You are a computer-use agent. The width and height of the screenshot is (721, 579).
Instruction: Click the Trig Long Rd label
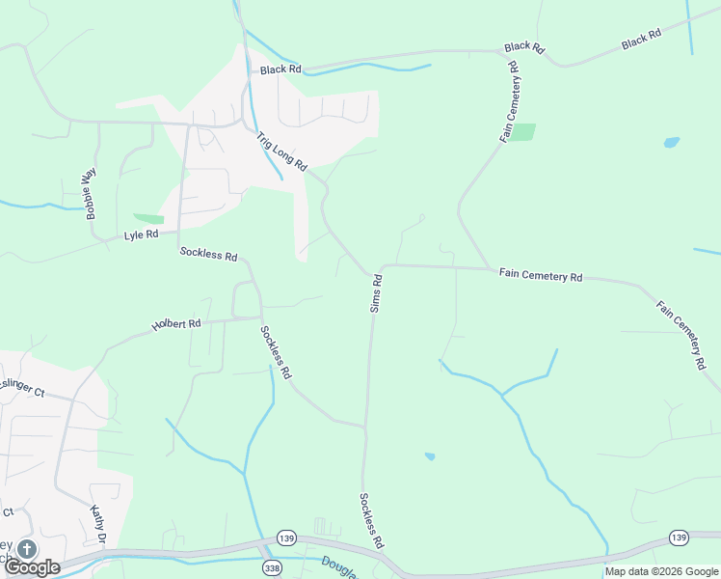point(280,151)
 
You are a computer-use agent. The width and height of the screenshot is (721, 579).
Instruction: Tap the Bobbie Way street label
point(92,194)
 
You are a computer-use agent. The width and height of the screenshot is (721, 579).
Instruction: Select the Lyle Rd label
point(141,235)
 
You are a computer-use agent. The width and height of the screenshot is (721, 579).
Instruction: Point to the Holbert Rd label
point(175,325)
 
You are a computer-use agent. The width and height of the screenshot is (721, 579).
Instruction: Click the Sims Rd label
point(376,293)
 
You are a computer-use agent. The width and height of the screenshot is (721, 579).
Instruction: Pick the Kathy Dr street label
point(97,524)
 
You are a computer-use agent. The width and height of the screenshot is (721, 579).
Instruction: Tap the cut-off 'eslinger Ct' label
point(23,393)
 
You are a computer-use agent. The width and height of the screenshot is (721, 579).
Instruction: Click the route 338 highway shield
point(272,568)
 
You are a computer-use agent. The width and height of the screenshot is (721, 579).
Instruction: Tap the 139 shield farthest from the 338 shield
point(679,537)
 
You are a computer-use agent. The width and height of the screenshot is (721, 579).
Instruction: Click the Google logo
point(33,566)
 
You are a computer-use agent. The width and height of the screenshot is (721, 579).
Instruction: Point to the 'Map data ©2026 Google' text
point(662,571)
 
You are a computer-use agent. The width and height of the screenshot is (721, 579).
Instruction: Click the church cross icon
point(26,549)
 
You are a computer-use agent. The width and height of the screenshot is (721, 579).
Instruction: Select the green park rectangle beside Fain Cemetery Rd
point(522,132)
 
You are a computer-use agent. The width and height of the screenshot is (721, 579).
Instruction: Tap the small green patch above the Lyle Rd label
point(148,219)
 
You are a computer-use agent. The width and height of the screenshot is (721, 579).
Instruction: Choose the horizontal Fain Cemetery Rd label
point(541,276)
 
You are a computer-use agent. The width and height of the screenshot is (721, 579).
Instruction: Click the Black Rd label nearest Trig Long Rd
point(280,69)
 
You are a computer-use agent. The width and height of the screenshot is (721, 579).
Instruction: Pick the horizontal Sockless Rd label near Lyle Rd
point(208,255)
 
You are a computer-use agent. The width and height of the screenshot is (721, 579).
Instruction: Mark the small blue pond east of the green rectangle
point(671,142)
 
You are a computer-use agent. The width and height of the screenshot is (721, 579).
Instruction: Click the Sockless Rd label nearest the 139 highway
point(371,521)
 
